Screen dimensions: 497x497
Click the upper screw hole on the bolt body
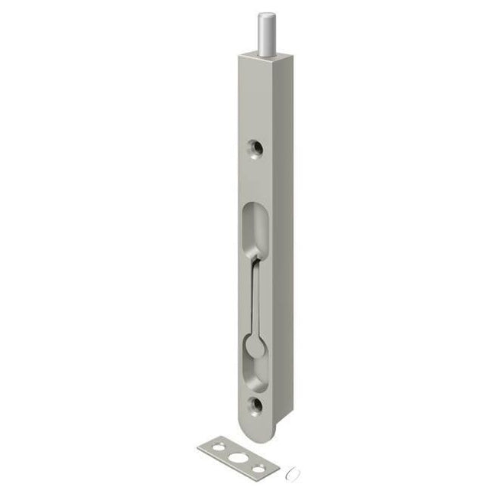tap(255, 146)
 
